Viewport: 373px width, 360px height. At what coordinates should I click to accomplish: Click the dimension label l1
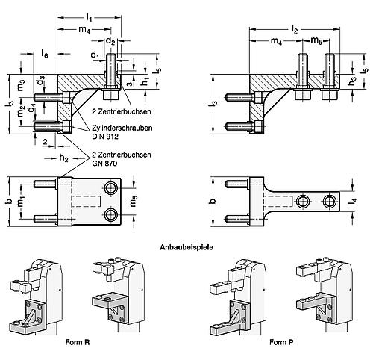click(x=90, y=16)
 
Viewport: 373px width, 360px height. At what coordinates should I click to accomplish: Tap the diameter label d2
click(x=110, y=39)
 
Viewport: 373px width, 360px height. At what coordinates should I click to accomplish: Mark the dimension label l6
click(x=46, y=55)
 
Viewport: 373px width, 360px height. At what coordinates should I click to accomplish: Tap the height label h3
click(x=352, y=83)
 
